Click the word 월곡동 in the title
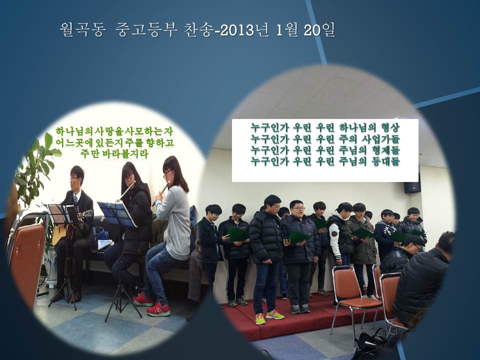pyautogui.click(x=83, y=30)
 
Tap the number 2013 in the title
pyautogui.click(x=237, y=30)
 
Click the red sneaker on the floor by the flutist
pyautogui.click(x=158, y=309)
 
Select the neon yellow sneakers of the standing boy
pyautogui.click(x=269, y=316)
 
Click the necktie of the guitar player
pyautogui.click(x=75, y=200)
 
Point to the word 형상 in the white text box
pyautogui.click(x=390, y=127)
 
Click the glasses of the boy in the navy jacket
pyautogui.click(x=297, y=209)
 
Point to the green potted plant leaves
pyautogui.click(x=35, y=171)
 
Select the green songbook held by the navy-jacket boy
pyautogui.click(x=298, y=237)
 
